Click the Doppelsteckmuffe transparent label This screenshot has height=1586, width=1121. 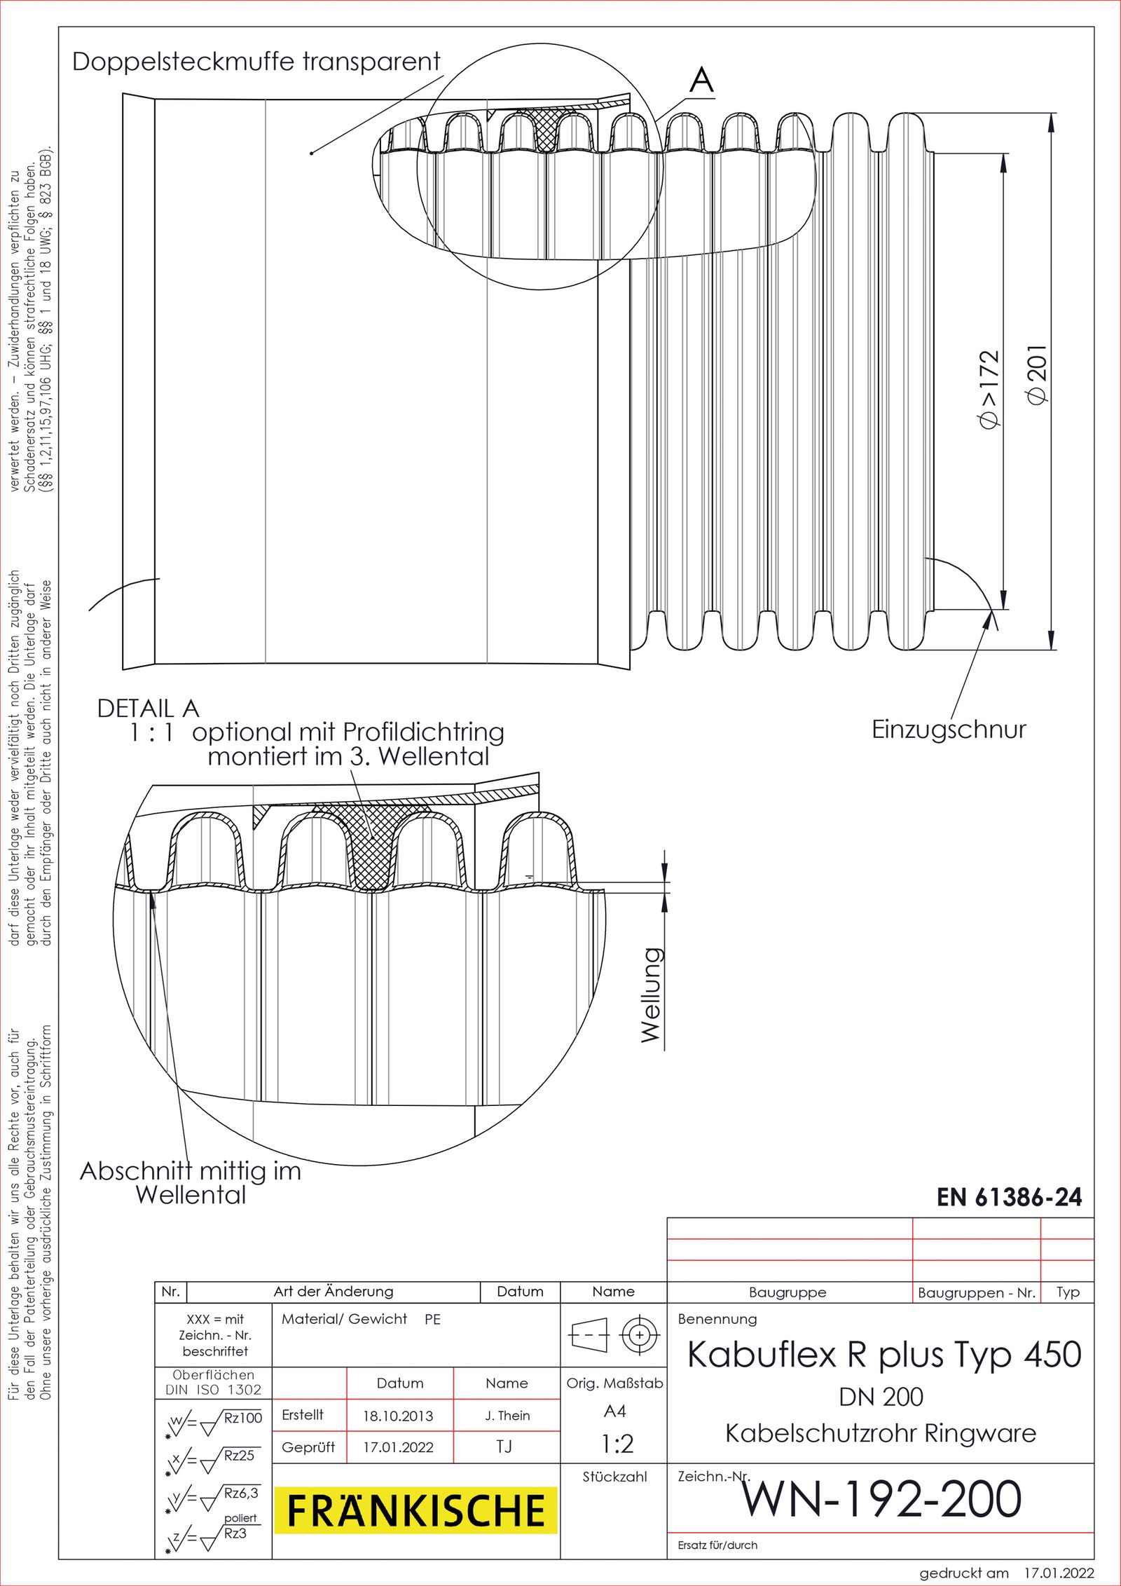[256, 62]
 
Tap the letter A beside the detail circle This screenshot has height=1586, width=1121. [701, 80]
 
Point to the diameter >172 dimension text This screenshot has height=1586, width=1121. [989, 390]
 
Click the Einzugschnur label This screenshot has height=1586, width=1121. [948, 730]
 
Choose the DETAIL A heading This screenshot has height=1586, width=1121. [148, 709]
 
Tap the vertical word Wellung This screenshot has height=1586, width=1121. [652, 994]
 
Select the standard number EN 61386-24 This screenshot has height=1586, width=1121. [1009, 1197]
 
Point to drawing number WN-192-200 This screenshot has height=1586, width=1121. [881, 1498]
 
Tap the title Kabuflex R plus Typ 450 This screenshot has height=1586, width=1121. [884, 1354]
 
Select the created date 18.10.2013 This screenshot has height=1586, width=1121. [398, 1416]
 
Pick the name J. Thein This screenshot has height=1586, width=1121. [507, 1416]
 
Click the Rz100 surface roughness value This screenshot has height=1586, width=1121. [242, 1418]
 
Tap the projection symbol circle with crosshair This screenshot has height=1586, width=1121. [639, 1335]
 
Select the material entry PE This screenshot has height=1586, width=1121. [432, 1319]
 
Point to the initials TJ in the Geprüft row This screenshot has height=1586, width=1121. [504, 1447]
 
